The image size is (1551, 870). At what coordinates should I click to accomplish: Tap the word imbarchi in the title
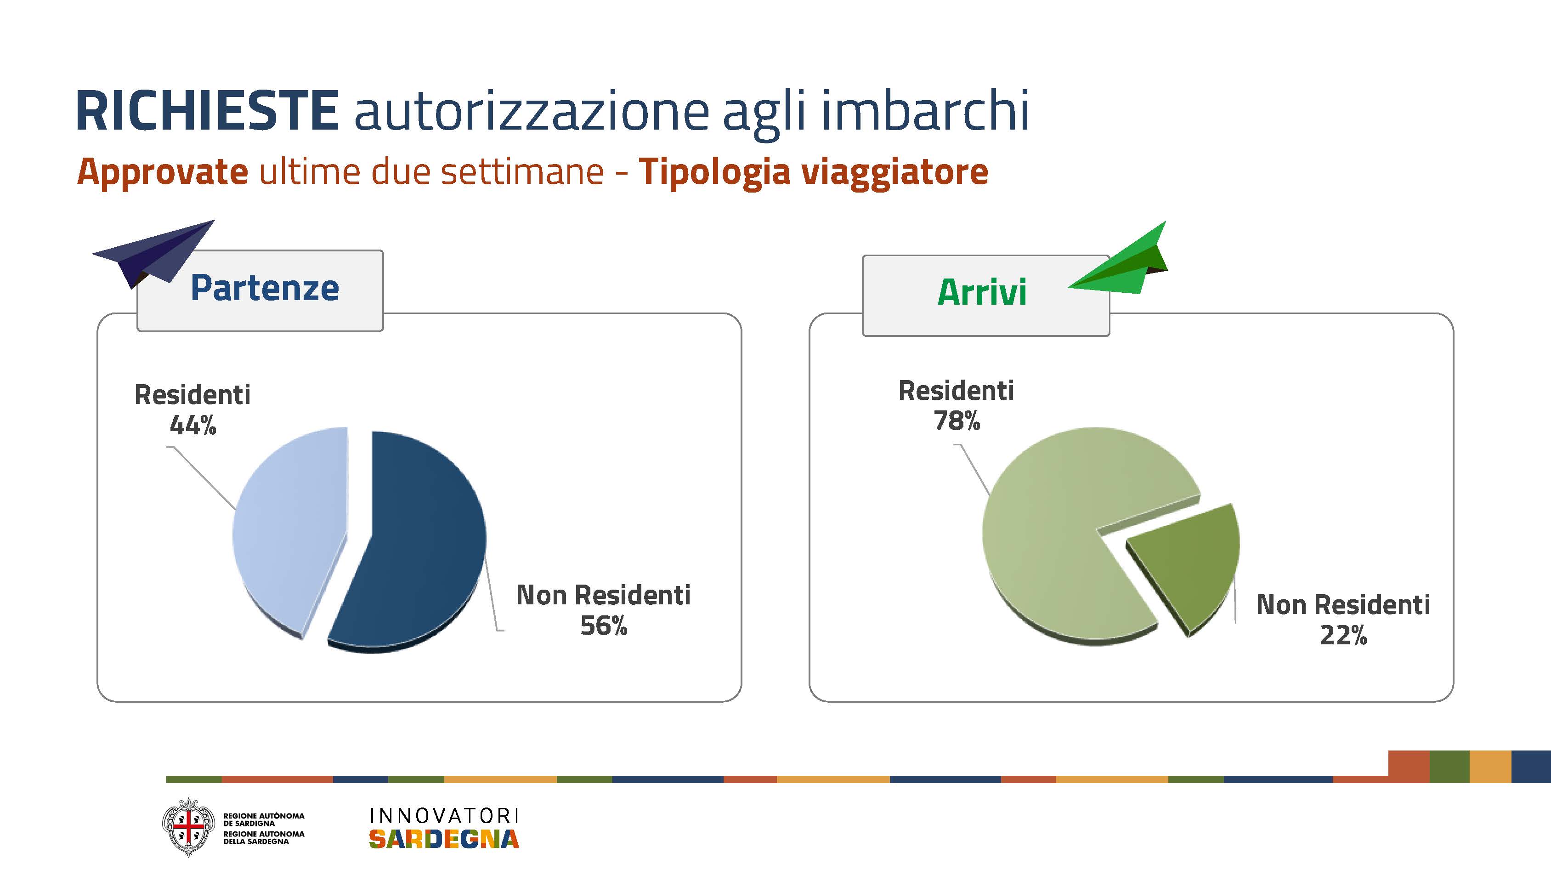point(925,109)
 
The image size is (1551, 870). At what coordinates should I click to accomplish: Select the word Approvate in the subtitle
point(163,172)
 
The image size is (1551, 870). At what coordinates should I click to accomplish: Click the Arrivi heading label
point(982,292)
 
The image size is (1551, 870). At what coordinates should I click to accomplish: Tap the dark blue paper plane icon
point(153,253)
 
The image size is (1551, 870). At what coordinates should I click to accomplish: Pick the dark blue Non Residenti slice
point(409,542)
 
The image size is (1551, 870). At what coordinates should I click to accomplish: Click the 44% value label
point(192,426)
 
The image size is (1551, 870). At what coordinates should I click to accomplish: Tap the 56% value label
point(603,625)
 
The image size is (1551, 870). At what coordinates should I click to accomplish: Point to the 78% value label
point(957,421)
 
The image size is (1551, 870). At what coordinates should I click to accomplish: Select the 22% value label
point(1343,635)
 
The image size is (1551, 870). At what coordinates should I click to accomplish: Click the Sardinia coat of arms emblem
point(188,827)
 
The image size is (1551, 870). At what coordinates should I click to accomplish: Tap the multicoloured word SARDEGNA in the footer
point(444,839)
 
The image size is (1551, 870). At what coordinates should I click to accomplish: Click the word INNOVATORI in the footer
point(444,816)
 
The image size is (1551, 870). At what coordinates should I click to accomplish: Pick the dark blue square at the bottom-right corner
point(1531,767)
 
